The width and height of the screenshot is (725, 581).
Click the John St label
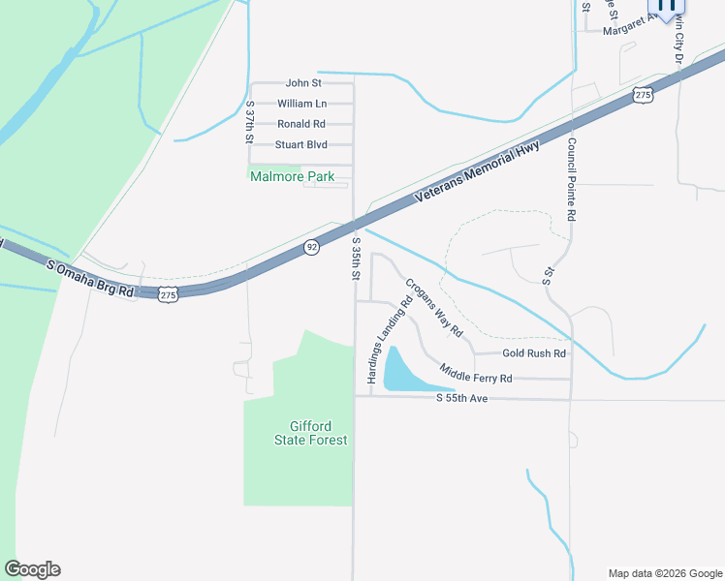[303, 83]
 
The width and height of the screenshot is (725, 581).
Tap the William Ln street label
[301, 104]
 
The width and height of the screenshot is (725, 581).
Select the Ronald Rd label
[301, 124]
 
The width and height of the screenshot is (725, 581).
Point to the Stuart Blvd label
[300, 145]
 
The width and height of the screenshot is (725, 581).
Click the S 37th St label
[250, 122]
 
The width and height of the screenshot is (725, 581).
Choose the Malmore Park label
[292, 177]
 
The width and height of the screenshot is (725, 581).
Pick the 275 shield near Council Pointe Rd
[641, 94]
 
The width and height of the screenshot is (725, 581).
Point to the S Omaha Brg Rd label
[89, 277]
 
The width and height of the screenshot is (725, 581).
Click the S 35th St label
[357, 259]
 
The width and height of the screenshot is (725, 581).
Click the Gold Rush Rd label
[533, 353]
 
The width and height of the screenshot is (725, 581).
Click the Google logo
[33, 569]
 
